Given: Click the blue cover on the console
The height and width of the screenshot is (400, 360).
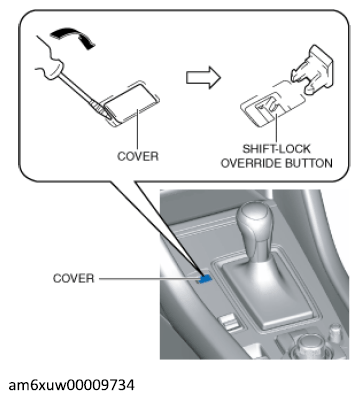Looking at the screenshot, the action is [x=205, y=279].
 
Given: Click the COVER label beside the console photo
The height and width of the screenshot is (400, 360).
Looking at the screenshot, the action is [x=74, y=278].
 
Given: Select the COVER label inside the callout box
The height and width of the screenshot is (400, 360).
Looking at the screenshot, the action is [x=138, y=156].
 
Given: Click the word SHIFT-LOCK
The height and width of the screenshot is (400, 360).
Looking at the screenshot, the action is [x=276, y=149].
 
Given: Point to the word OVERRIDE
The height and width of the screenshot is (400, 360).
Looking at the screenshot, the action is [x=252, y=163].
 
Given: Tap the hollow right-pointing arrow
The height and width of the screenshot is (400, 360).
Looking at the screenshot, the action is [x=203, y=78].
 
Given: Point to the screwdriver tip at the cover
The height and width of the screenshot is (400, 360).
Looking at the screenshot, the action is [x=107, y=113].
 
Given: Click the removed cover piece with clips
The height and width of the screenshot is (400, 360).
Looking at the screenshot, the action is [x=312, y=71].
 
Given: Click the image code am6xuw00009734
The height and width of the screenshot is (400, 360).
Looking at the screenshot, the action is [x=72, y=385].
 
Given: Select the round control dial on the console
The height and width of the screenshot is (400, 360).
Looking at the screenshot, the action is [x=307, y=347].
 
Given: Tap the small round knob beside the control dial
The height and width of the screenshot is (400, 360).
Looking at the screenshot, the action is [x=336, y=333].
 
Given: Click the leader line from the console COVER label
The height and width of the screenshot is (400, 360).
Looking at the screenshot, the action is [x=149, y=279].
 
